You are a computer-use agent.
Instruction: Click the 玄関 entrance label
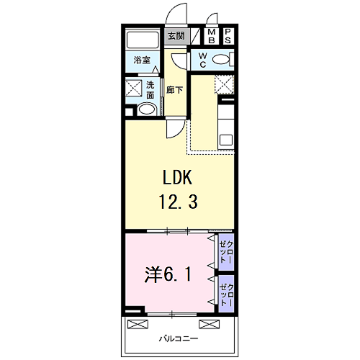(x=176, y=36)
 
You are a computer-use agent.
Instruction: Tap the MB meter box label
(x=212, y=36)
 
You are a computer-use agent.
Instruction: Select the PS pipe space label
(x=228, y=36)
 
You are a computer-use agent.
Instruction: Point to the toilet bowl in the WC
(x=221, y=59)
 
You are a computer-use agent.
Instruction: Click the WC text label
(x=203, y=60)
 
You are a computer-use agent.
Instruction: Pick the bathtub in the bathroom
(x=143, y=40)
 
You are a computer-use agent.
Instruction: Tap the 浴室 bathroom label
(x=142, y=60)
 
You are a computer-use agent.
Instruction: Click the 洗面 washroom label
(x=150, y=90)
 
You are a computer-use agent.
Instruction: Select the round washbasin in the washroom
(x=147, y=109)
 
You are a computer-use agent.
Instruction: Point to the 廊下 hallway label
(x=174, y=90)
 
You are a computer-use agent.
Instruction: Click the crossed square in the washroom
(x=133, y=88)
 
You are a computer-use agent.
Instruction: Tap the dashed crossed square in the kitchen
(x=224, y=84)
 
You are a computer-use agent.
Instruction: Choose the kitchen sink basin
(x=226, y=140)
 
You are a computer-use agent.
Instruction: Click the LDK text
(x=177, y=177)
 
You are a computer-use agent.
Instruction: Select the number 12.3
(x=178, y=202)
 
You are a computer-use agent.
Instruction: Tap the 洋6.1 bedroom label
(x=168, y=275)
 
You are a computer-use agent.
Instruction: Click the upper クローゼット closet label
(x=226, y=252)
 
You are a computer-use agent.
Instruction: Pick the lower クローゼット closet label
(x=226, y=294)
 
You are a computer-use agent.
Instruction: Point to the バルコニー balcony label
(x=179, y=338)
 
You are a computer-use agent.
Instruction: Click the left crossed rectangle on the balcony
(x=138, y=324)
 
